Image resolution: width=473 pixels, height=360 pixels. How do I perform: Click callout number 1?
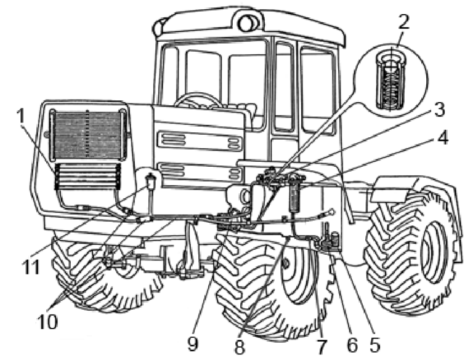[x=21, y=116]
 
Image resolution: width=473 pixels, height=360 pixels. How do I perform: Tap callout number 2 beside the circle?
[x=404, y=22]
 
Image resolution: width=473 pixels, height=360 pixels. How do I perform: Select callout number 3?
[x=439, y=109]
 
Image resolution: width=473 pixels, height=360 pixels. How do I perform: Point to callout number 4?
[x=442, y=137]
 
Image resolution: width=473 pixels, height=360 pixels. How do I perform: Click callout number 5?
[x=374, y=345]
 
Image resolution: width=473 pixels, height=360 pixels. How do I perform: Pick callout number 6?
[x=352, y=345]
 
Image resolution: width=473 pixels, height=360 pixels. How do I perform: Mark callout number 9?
[x=192, y=344]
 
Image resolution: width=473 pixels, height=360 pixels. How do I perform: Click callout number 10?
[x=47, y=321]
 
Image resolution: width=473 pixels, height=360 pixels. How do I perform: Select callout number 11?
[x=30, y=267]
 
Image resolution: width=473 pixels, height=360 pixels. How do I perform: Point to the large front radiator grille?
[x=87, y=135]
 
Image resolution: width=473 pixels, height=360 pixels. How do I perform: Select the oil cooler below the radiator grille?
[x=87, y=177]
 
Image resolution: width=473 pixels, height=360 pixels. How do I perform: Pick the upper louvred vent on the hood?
[x=200, y=140]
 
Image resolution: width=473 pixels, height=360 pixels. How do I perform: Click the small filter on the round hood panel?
[x=150, y=182]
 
